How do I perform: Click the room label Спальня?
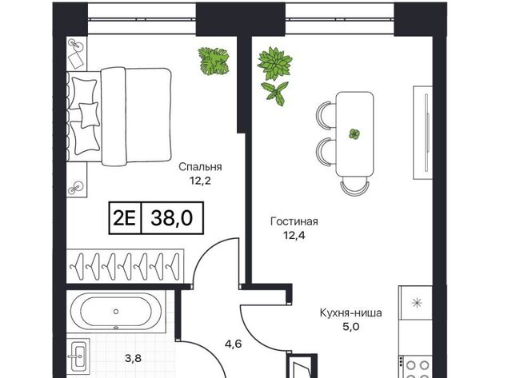pyautogui.click(x=200, y=167)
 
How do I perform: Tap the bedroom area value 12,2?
pyautogui.click(x=200, y=181)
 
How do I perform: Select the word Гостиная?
pyautogui.click(x=294, y=222)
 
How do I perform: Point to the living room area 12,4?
pyautogui.click(x=294, y=235)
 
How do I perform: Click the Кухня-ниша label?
pyautogui.click(x=350, y=313)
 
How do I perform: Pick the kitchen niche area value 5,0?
pyautogui.click(x=351, y=327)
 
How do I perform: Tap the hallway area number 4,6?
pyautogui.click(x=233, y=344)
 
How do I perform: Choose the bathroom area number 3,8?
pyautogui.click(x=134, y=359)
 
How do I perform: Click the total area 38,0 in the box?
pyautogui.click(x=172, y=218)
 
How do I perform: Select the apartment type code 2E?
pyautogui.click(x=125, y=218)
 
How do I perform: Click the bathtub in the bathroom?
pyautogui.click(x=116, y=312)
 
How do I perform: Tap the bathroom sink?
pyautogui.click(x=78, y=356)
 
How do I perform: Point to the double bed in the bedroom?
pyautogui.click(x=119, y=117)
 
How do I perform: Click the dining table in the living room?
pyautogui.click(x=355, y=134)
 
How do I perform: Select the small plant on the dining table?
pyautogui.click(x=354, y=134)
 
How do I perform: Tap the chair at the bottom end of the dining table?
pyautogui.click(x=355, y=186)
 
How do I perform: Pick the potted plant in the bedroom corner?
pyautogui.click(x=214, y=61)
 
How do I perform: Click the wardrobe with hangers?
pyautogui.click(x=125, y=266)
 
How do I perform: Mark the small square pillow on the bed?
pyautogui.click(x=89, y=115)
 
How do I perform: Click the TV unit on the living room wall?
pyautogui.click(x=423, y=133)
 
